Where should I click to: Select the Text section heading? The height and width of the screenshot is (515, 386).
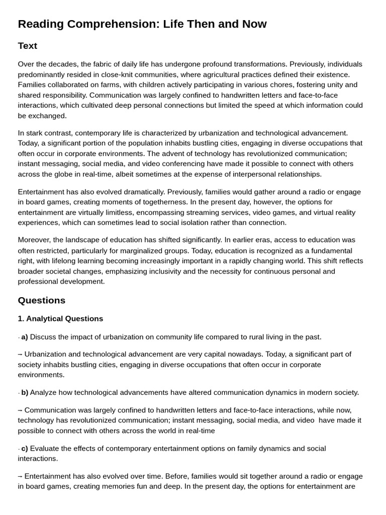pyautogui.click(x=28, y=46)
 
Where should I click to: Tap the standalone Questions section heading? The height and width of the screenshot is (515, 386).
pyautogui.click(x=42, y=300)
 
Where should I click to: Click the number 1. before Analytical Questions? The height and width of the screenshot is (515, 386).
pyautogui.click(x=21, y=318)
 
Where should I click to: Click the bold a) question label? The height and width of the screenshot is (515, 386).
pyautogui.click(x=25, y=337)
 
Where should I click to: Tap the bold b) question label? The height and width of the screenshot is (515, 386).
pyautogui.click(x=25, y=392)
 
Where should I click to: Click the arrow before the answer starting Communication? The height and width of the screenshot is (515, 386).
pyautogui.click(x=20, y=410)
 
